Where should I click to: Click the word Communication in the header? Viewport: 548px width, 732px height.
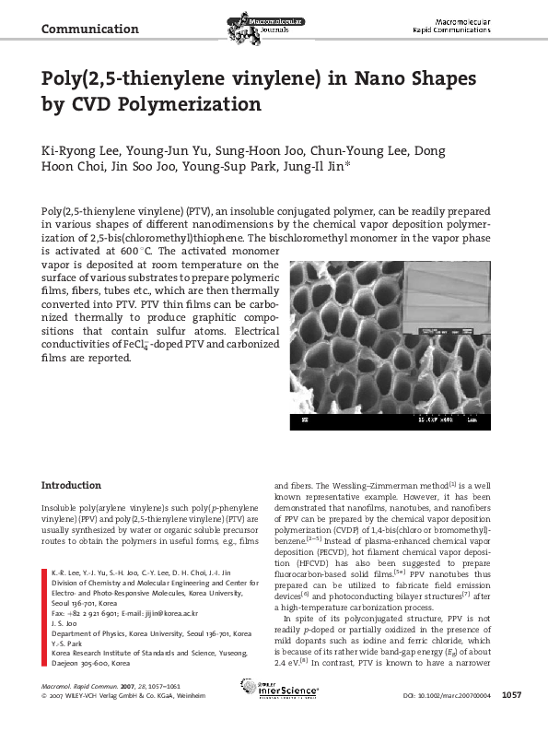click(x=90, y=29)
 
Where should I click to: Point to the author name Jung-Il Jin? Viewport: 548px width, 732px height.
click(x=309, y=167)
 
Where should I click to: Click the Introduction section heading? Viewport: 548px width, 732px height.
click(x=72, y=485)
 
